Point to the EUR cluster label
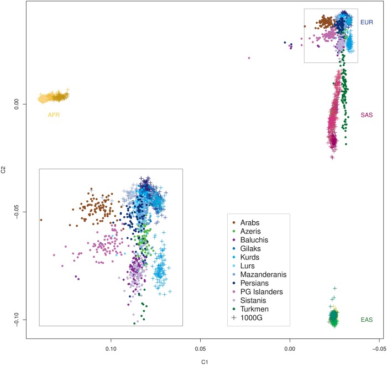pos(366,23)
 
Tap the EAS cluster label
pos(366,320)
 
